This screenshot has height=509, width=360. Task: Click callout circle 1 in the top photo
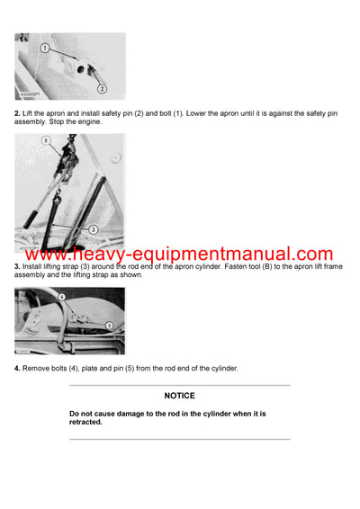[x=45, y=48]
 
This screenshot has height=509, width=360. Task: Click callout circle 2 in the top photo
[x=102, y=88]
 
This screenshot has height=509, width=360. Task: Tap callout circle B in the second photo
[x=46, y=141]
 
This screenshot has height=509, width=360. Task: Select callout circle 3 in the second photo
[x=92, y=205]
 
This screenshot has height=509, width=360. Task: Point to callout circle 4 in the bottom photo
[x=62, y=296]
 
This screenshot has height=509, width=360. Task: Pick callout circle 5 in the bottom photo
[x=109, y=324]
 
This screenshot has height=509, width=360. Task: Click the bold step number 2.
[x=17, y=111]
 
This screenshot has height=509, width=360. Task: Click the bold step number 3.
[x=17, y=267]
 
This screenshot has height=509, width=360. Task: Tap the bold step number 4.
[x=17, y=369]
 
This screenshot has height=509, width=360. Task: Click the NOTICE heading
[x=179, y=396]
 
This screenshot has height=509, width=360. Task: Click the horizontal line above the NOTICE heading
[x=179, y=385]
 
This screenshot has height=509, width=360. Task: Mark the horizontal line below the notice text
[x=179, y=439]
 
